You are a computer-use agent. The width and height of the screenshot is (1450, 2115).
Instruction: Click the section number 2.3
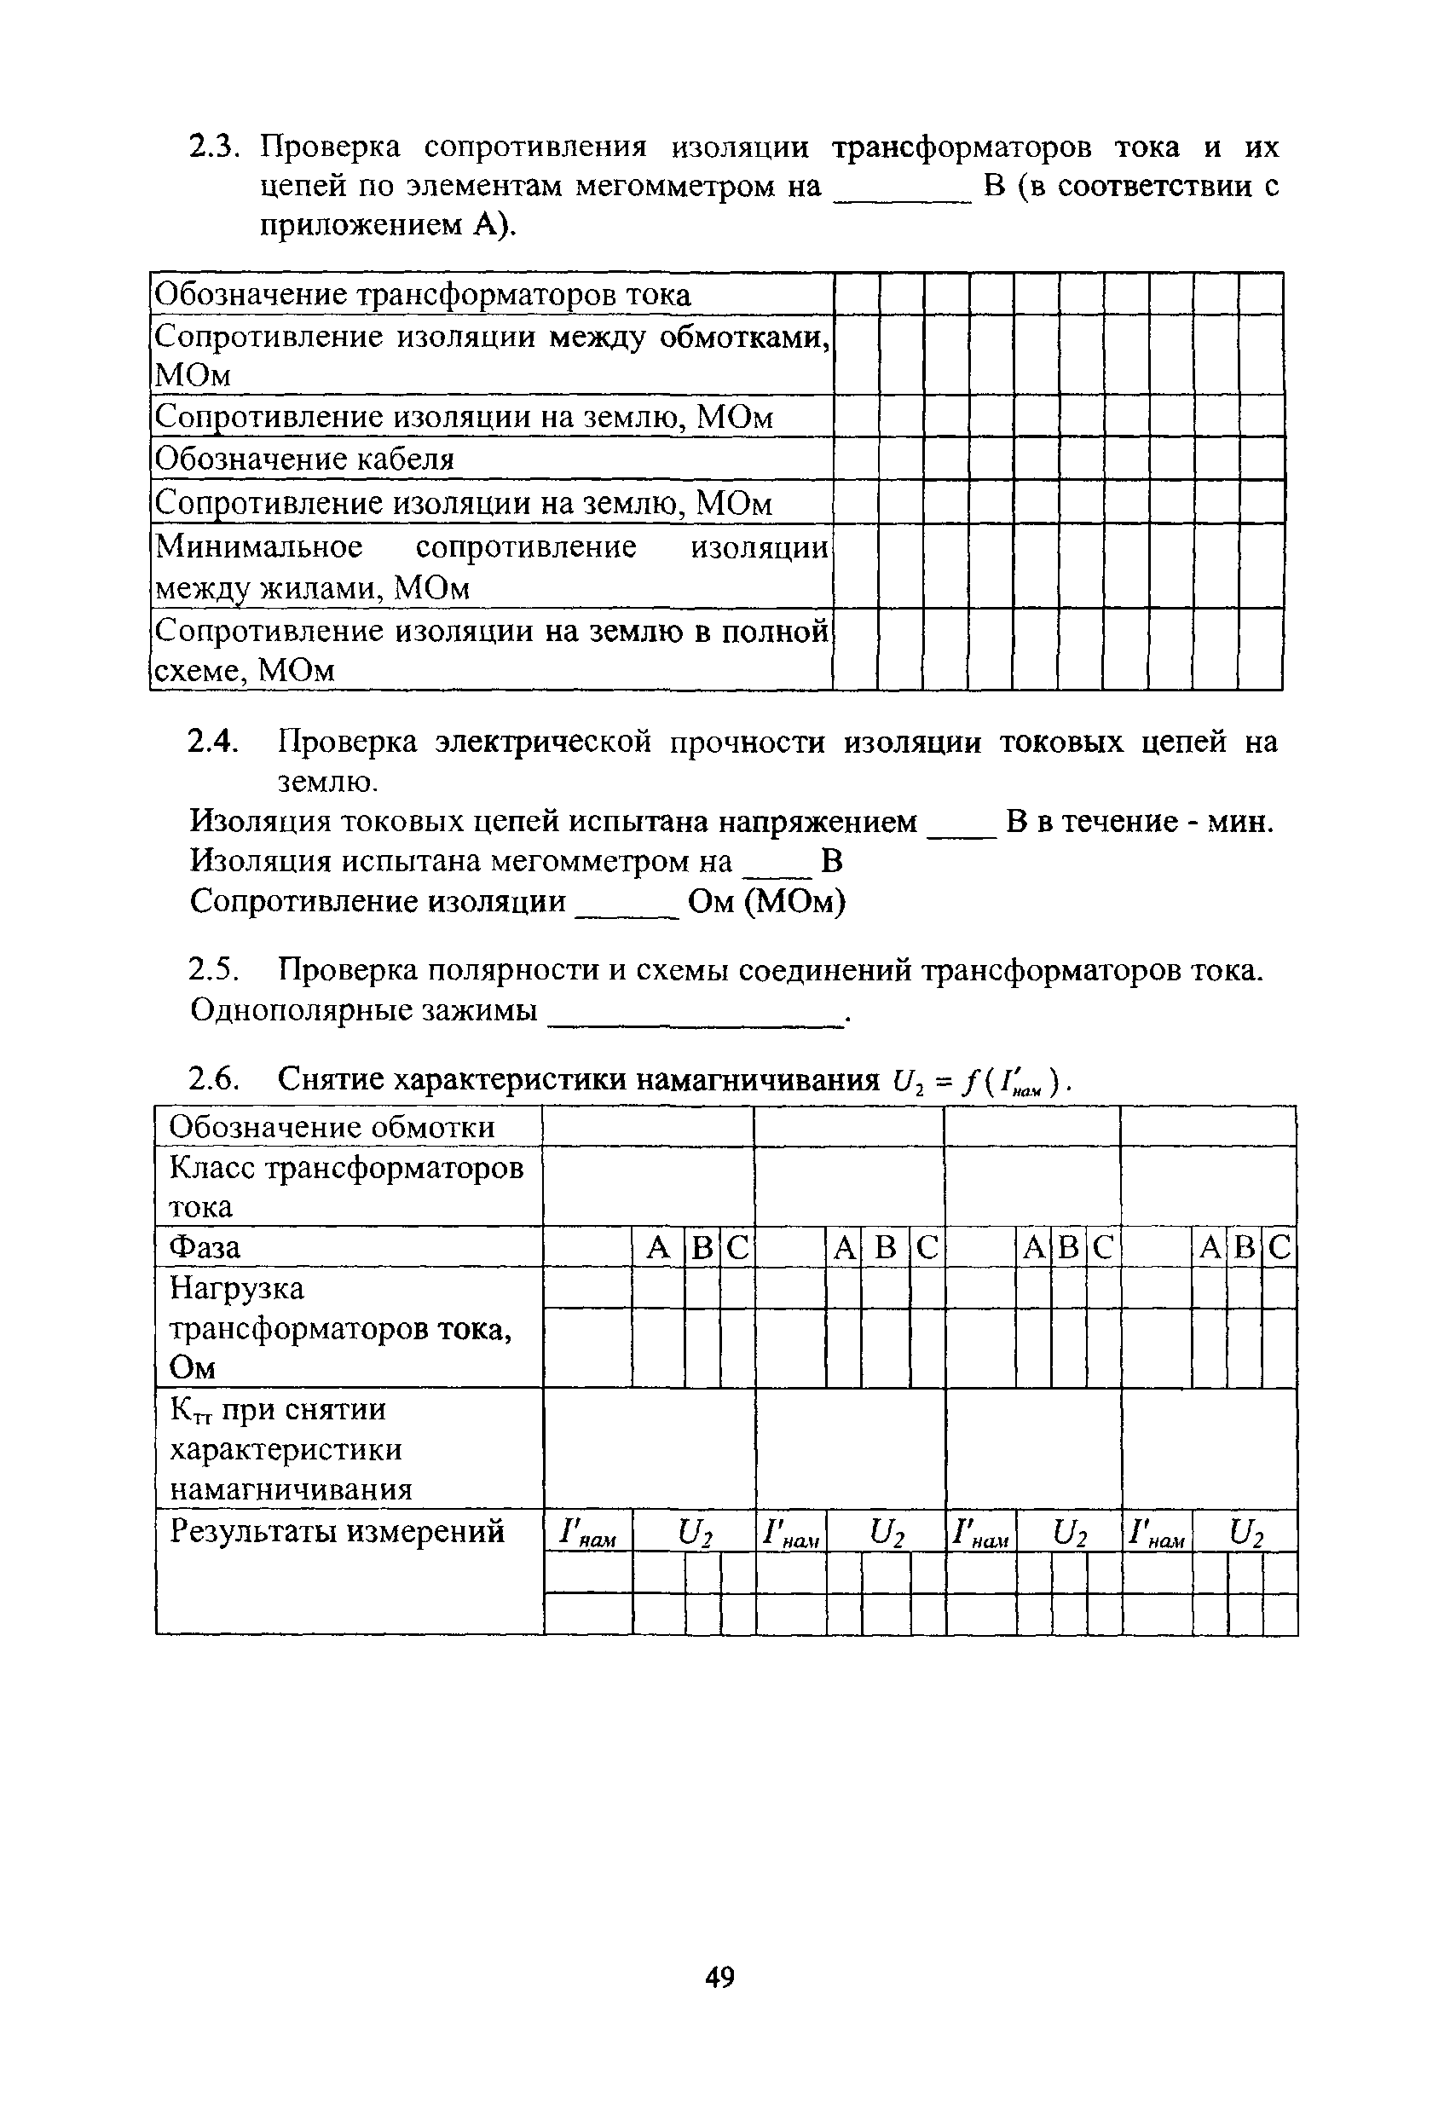click(x=212, y=147)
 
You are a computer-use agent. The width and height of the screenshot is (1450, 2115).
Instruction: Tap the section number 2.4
click(x=212, y=743)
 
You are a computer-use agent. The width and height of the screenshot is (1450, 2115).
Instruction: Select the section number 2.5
click(x=214, y=970)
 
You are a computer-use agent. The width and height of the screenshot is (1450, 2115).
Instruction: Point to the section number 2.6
click(x=214, y=1079)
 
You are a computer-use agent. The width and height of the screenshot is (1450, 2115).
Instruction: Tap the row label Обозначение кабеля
click(x=305, y=459)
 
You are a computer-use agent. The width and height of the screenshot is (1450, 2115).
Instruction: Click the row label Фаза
click(x=205, y=1245)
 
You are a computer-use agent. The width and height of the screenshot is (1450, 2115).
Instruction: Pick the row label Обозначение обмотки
click(x=332, y=1127)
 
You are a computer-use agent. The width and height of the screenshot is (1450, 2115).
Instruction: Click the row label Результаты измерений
click(x=337, y=1532)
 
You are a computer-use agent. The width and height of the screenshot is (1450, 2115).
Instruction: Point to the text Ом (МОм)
click(x=766, y=902)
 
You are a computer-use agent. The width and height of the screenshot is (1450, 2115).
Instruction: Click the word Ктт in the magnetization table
click(x=190, y=1411)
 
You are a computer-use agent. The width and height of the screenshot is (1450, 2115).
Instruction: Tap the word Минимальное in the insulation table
click(x=259, y=546)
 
